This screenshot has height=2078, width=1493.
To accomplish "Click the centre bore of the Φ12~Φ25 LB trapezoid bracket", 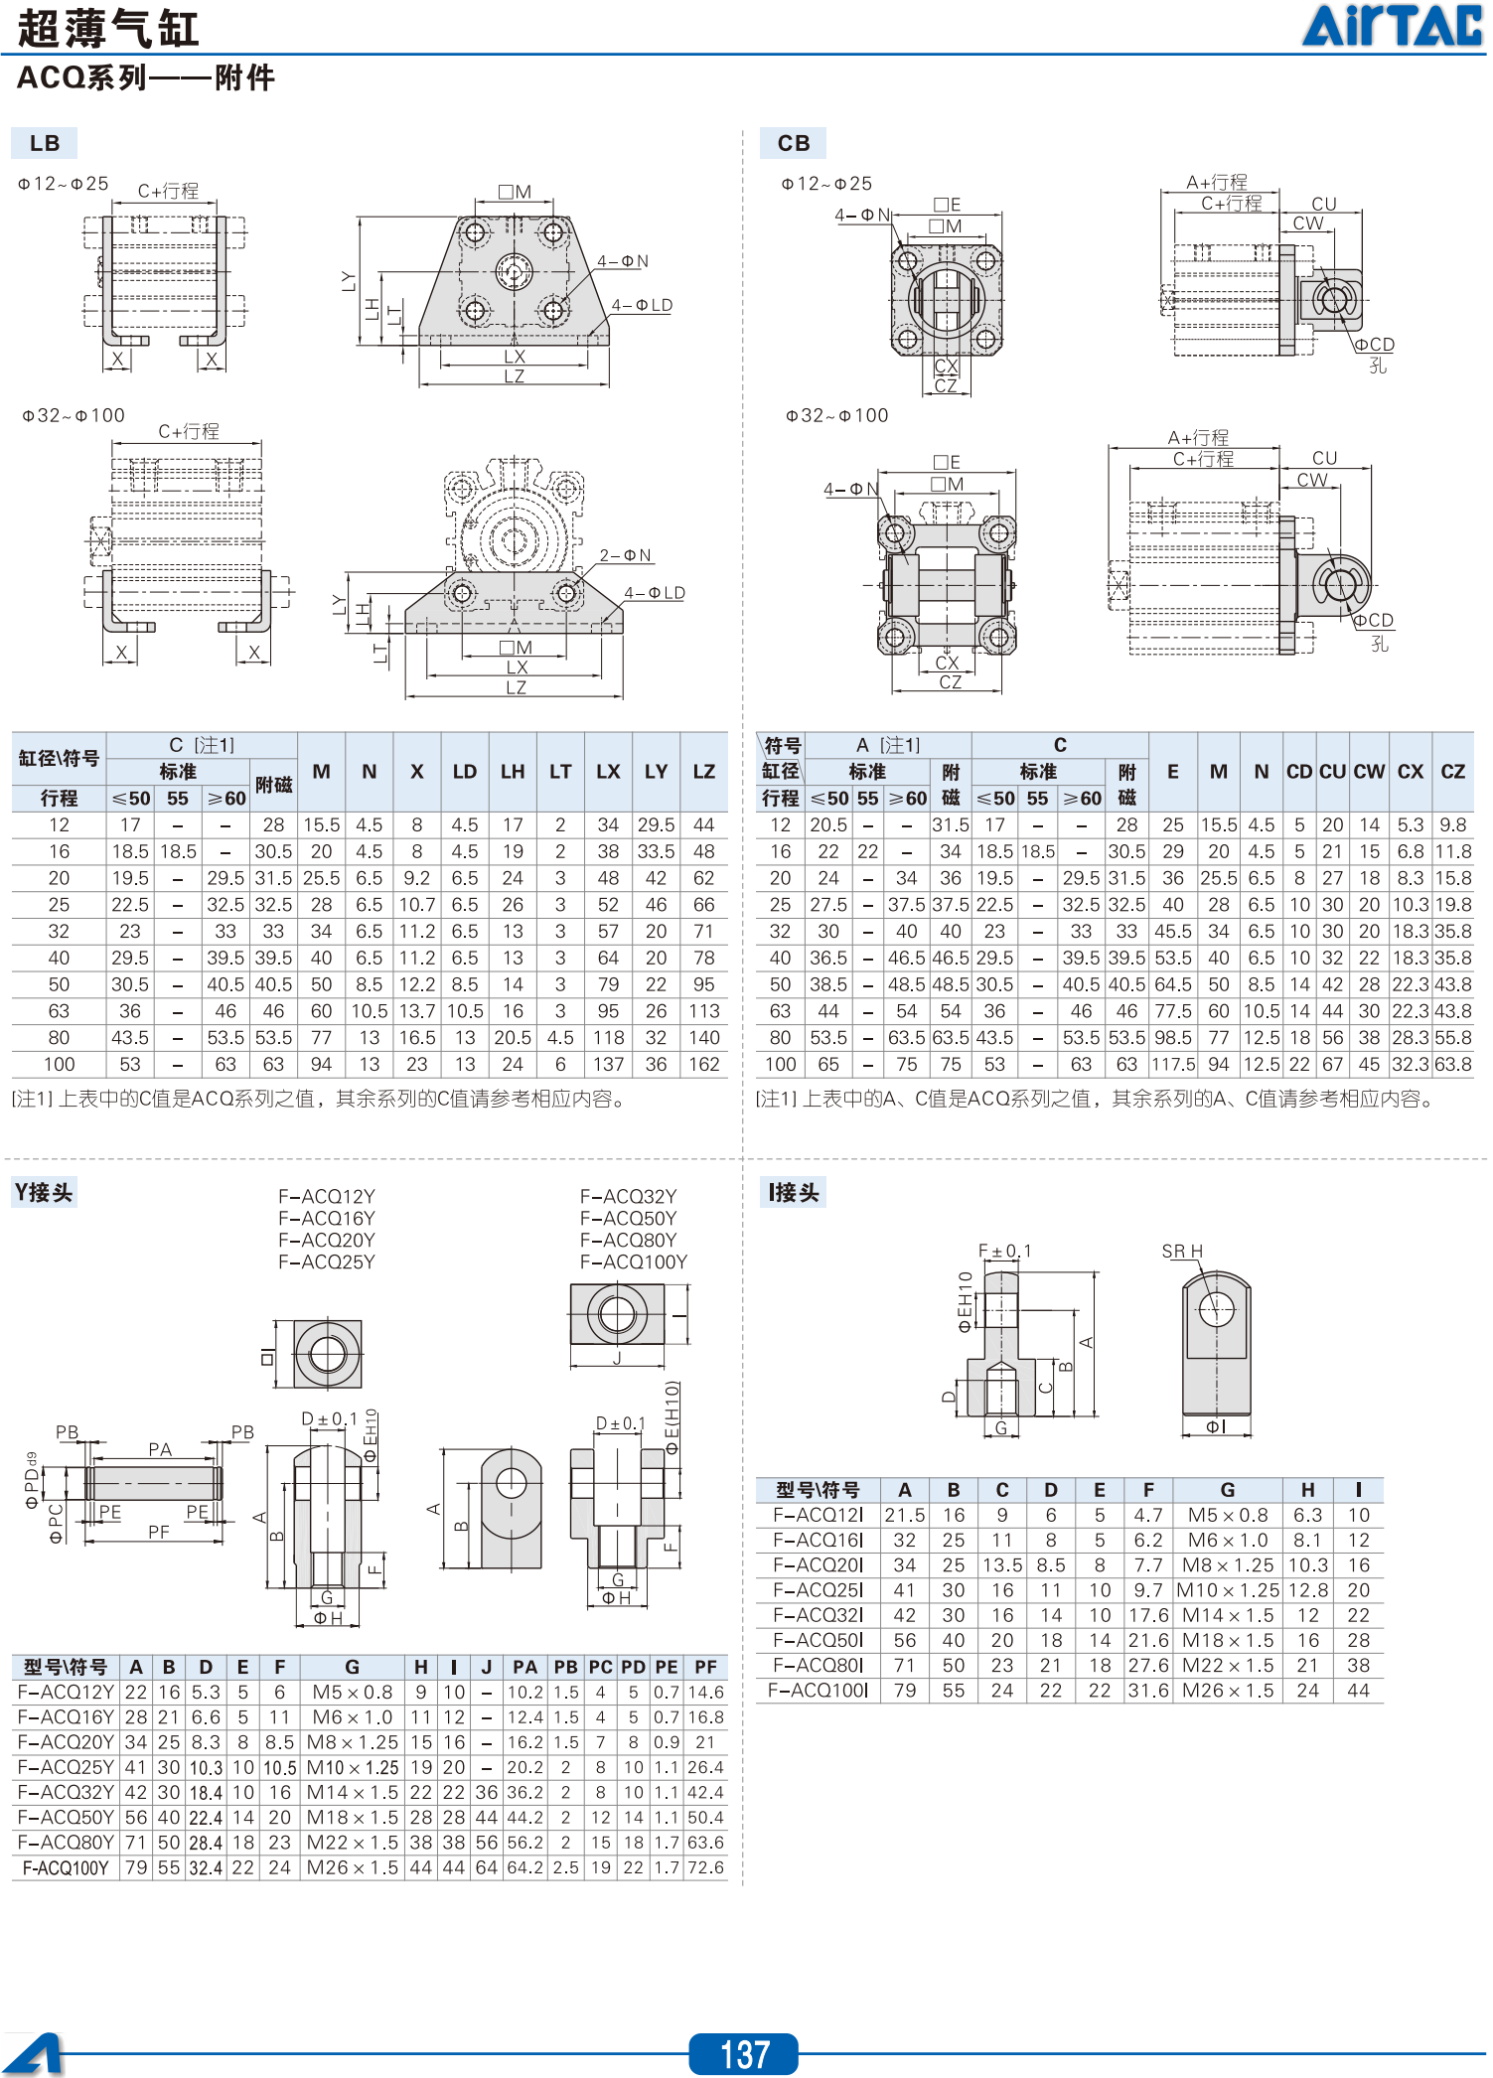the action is tap(514, 270).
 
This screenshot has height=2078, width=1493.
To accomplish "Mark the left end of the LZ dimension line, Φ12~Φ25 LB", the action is tap(420, 383).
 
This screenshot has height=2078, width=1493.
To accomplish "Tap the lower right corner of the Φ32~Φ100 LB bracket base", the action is tap(623, 632).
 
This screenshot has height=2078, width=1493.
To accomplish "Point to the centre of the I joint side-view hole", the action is tap(1216, 1310).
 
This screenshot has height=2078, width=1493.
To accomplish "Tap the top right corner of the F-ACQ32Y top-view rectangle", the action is tap(664, 1284).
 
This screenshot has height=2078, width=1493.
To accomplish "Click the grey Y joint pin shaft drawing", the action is tap(153, 1483).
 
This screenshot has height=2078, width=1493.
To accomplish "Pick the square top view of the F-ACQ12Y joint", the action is tap(328, 1354).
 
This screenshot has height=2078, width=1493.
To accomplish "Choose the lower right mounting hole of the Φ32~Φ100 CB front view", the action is tap(997, 636).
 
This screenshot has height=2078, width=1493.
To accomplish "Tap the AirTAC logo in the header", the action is tap(1394, 26).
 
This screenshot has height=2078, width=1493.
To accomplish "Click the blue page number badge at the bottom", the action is tap(744, 2053).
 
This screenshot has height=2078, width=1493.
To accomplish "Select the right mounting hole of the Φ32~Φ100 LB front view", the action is tap(566, 594).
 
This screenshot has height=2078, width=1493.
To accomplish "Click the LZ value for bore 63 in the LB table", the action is tap(703, 1011).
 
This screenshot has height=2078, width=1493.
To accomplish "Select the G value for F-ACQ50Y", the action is tap(353, 1818).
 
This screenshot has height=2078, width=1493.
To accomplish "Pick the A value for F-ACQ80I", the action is tap(904, 1666).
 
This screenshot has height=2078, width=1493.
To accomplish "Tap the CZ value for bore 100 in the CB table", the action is tap(1453, 1065).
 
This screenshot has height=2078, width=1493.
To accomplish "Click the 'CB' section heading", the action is tap(794, 143).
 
